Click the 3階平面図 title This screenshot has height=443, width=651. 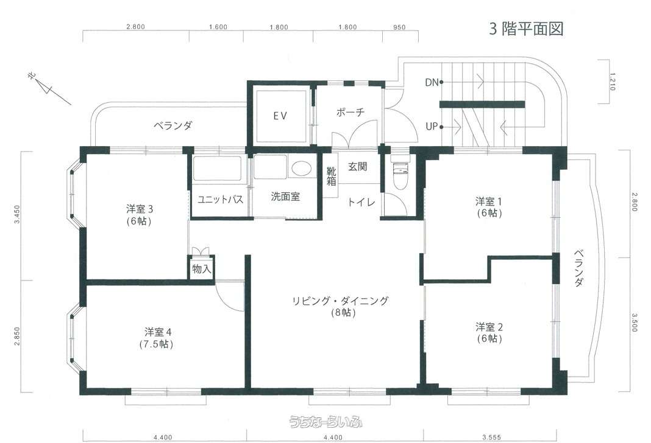pos(526,29)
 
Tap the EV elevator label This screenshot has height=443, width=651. pos(280,116)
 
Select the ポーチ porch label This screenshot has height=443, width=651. pos(350,112)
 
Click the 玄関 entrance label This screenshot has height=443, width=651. pos(357,167)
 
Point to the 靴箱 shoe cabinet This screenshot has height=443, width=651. pos(331,176)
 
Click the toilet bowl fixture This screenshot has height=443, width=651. pos(400,173)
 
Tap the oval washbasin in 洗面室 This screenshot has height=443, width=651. pos(301,168)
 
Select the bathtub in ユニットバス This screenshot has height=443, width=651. pos(217,169)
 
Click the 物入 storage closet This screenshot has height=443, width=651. pos(202,268)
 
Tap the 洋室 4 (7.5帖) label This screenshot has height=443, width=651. pos(157,338)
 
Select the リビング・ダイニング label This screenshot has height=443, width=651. pos(341,301)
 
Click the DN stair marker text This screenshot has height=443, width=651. pos(432,83)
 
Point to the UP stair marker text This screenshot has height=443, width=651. pos(432,127)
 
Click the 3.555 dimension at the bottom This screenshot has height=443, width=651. pos(491,437)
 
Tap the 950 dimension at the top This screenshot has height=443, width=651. pos(399,27)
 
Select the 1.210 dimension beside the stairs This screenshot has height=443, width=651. pos(613,82)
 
